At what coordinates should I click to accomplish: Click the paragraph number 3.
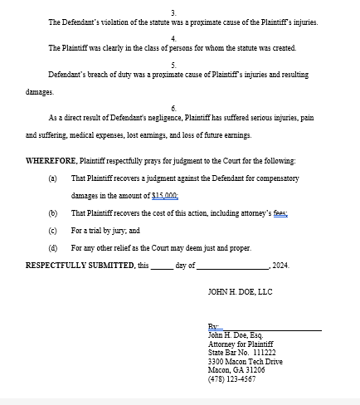[x=173, y=12]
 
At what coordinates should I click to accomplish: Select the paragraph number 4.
[x=173, y=39]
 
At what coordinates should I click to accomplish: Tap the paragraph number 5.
[x=173, y=66]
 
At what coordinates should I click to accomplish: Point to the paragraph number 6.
[x=173, y=109]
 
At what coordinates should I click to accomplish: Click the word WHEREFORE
[x=51, y=161]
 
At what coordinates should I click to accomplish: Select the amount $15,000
[x=165, y=195]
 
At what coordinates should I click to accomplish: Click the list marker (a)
[x=53, y=178]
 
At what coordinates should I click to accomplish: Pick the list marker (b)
[x=53, y=213]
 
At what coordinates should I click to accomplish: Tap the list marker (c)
[x=53, y=231]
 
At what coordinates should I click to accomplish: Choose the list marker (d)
[x=53, y=248]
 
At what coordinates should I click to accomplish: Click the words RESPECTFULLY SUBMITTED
[x=80, y=266]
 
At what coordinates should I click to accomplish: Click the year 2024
[x=280, y=266]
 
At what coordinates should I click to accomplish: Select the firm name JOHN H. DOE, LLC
[x=240, y=292]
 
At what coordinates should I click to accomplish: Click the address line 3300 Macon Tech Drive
[x=245, y=362]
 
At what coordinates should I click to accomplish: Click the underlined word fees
[x=280, y=213]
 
